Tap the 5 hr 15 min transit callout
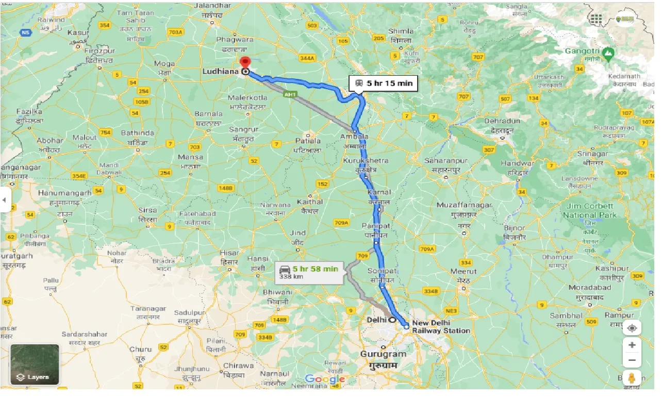click(x=384, y=83)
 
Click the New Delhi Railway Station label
click(x=440, y=327)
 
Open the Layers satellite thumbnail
click(x=35, y=365)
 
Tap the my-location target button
click(x=632, y=328)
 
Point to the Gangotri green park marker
click(x=609, y=53)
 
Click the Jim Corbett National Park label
click(x=589, y=210)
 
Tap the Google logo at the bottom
click(x=325, y=379)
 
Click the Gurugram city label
click(x=383, y=354)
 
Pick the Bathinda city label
click(x=137, y=133)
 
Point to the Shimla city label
click(x=401, y=31)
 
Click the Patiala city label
click(x=307, y=140)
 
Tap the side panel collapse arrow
click(x=5, y=199)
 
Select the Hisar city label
click(x=229, y=253)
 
